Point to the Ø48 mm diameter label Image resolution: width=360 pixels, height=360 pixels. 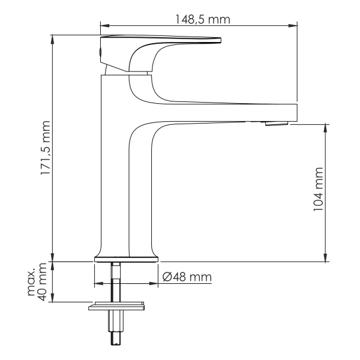pyautogui.click(x=187, y=277)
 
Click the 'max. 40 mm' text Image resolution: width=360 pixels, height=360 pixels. pyautogui.click(x=38, y=282)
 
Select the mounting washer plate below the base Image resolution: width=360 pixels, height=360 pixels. pyautogui.click(x=117, y=307)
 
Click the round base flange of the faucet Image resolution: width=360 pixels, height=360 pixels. pyautogui.click(x=127, y=259)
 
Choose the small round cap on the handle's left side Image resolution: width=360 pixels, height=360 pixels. pyautogui.click(x=99, y=53)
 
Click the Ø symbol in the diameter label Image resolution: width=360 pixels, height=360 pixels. pyautogui.click(x=168, y=277)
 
